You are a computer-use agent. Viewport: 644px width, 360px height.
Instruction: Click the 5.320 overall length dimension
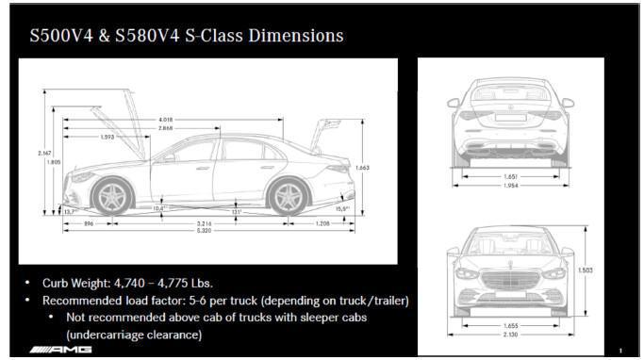coord(204,230)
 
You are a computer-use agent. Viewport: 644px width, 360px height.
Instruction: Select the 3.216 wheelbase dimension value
coord(203,222)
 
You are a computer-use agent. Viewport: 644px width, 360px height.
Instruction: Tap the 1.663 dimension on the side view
coord(362,167)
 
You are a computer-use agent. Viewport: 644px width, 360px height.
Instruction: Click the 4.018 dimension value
coord(166,120)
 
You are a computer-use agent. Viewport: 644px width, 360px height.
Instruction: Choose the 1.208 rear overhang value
coord(322,222)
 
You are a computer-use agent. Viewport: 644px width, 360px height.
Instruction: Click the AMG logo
coord(61,349)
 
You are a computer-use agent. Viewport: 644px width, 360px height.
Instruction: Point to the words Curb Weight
coord(76,283)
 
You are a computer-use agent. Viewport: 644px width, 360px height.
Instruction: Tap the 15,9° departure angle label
coord(343,208)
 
